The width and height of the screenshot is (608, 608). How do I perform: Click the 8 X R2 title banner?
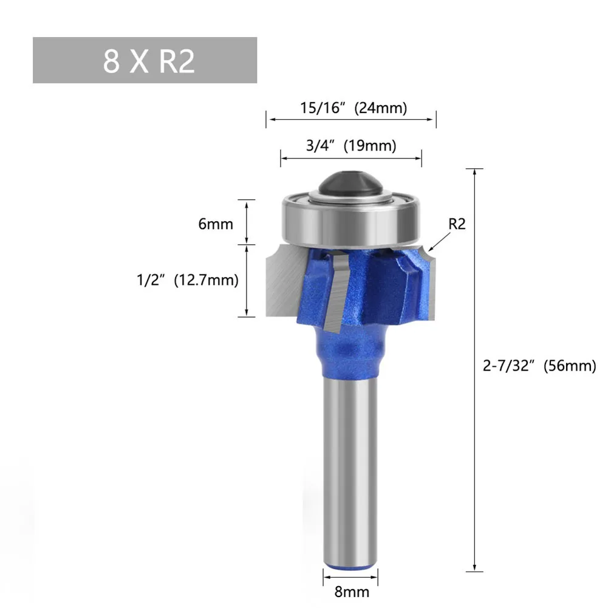(x=145, y=60)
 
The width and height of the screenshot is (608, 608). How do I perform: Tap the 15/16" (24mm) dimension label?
(x=354, y=108)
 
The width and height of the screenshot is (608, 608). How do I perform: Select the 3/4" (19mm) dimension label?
(x=351, y=146)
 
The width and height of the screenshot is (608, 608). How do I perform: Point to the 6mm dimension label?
(x=216, y=224)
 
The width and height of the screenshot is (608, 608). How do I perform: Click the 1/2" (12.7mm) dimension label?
(x=188, y=280)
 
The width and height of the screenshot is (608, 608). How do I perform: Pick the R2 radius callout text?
(x=457, y=224)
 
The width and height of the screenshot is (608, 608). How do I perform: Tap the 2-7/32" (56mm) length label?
(x=539, y=366)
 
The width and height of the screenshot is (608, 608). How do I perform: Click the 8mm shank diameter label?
(x=352, y=592)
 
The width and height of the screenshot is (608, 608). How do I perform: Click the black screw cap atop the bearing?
(x=350, y=183)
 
